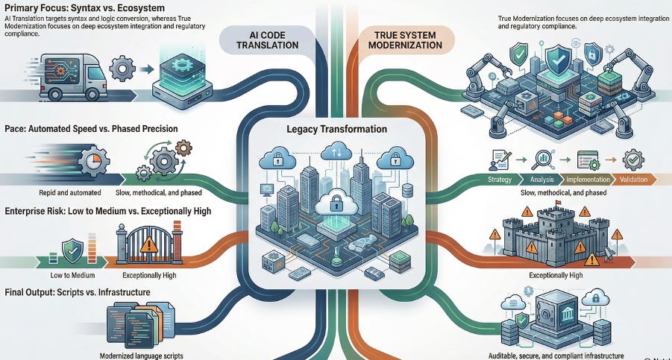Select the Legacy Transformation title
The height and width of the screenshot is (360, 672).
[338, 129]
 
